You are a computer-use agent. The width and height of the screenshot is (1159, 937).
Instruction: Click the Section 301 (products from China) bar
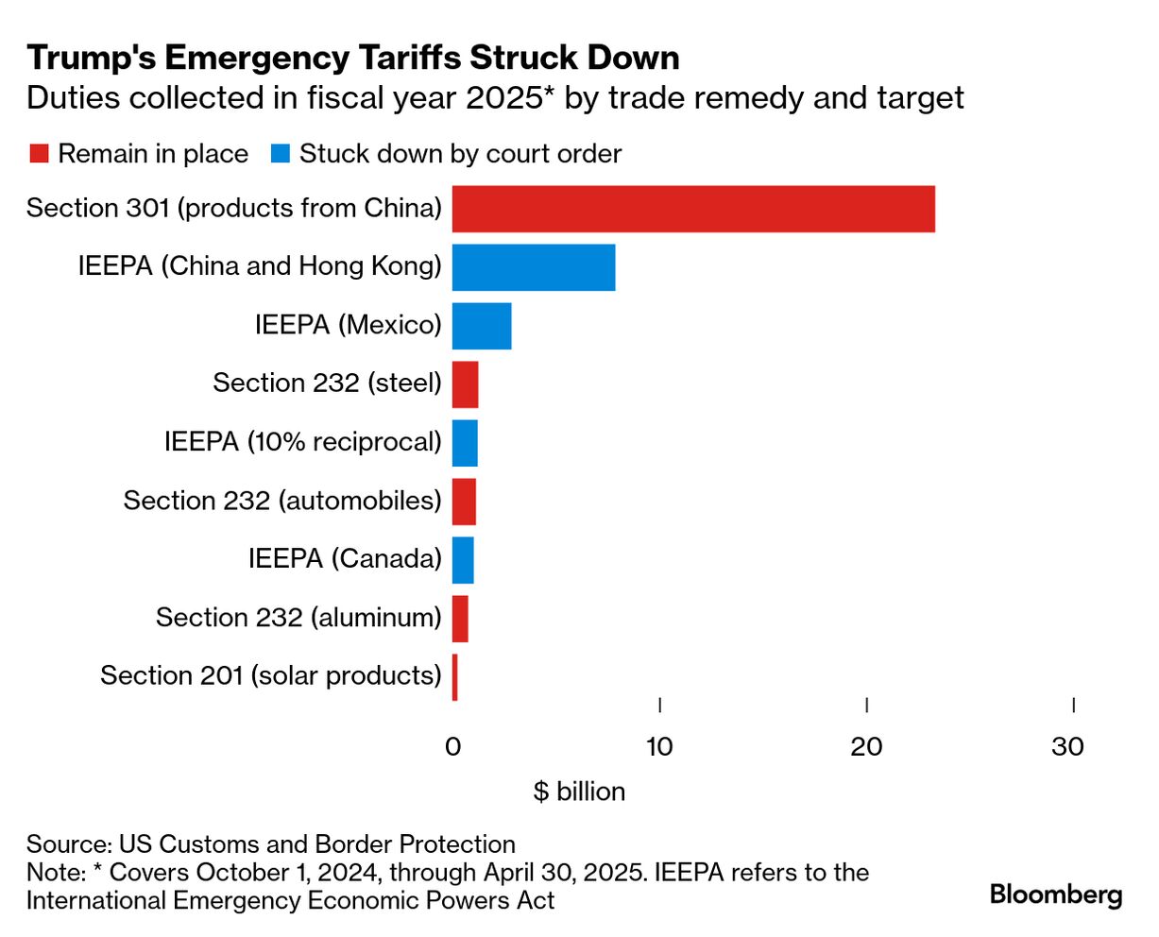693,209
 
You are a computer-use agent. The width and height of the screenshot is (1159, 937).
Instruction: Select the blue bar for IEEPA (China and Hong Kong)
534,267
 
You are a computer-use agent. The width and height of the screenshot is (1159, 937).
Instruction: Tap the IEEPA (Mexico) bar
482,326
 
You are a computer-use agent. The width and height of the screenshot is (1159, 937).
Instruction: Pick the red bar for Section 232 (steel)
465,384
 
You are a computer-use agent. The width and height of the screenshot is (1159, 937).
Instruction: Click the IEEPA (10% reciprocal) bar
465,443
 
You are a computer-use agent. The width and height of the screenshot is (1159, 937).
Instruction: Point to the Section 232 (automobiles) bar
464,502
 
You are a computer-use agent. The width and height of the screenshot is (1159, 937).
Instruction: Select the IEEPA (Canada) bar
463,560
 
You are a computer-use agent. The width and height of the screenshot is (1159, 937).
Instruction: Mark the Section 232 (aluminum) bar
460,619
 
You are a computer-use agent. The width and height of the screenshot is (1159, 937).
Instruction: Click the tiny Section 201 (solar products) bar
454,677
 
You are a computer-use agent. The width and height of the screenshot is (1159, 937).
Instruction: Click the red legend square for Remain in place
38,154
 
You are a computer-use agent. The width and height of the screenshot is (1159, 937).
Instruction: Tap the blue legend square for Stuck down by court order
280,154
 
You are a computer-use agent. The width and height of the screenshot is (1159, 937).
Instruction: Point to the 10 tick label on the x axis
659,746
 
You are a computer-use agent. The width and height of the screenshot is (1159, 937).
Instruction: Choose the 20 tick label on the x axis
866,746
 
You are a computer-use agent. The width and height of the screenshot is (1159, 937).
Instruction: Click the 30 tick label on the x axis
1068,746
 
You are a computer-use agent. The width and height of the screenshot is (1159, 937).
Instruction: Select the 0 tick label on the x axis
452,746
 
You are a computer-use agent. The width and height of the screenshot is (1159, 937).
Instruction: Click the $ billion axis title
579,791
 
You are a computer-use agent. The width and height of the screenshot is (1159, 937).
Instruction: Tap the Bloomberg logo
1056,894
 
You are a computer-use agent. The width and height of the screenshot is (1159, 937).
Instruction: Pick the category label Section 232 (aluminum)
298,618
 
